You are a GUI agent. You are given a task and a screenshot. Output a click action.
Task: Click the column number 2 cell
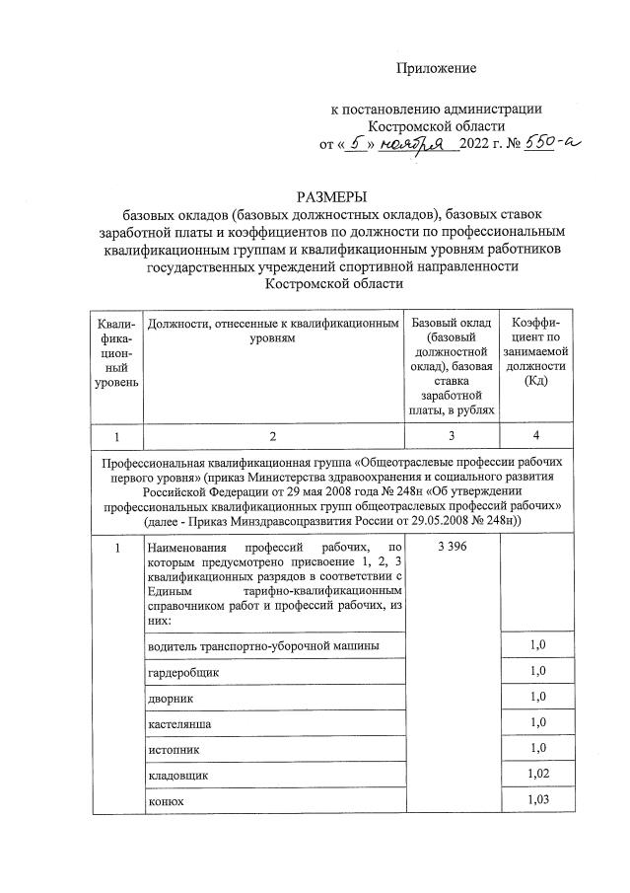pyautogui.click(x=273, y=435)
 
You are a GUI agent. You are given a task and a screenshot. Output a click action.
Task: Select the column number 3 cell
pyautogui.click(x=451, y=435)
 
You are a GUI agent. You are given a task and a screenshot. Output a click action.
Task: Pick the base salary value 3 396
pyautogui.click(x=451, y=548)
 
